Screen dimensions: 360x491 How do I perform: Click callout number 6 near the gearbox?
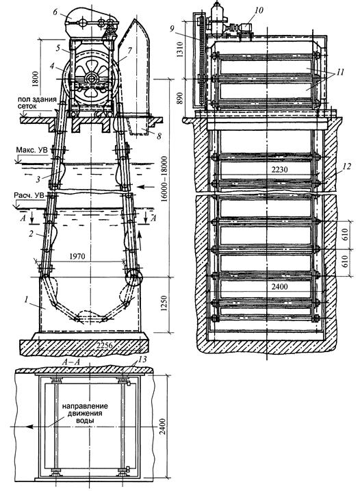coord(55,12)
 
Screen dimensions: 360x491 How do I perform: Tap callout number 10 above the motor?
coord(259,10)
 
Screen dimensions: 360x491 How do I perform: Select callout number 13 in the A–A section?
coord(142,359)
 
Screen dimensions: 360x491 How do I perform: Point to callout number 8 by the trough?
coord(159,136)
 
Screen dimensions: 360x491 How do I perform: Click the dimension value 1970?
coord(77,257)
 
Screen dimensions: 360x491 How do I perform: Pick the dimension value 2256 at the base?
coord(105,345)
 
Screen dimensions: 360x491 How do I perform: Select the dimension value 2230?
coord(279,170)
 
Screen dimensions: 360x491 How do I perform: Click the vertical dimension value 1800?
coord(36,79)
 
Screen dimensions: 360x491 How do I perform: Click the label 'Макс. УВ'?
coord(31,150)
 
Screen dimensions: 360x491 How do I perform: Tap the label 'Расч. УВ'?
coord(29,195)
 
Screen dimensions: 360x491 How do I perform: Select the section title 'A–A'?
coord(70,362)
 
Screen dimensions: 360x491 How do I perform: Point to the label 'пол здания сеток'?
coord(37,103)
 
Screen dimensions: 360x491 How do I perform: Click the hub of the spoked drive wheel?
coord(92,77)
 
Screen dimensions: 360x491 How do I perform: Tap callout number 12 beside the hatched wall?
coord(347,166)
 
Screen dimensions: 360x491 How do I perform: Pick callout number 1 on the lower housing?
coord(27,299)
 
